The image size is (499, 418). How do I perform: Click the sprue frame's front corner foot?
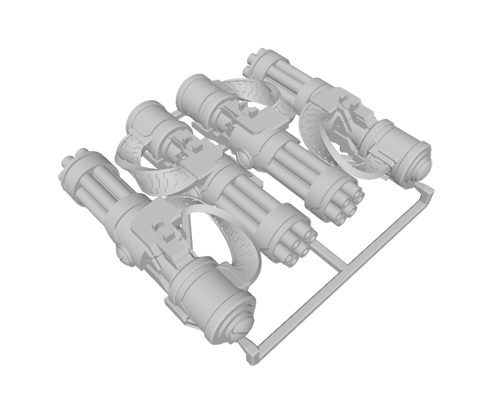pos(252,357)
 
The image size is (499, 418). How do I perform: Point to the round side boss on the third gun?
pos(244,158)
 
